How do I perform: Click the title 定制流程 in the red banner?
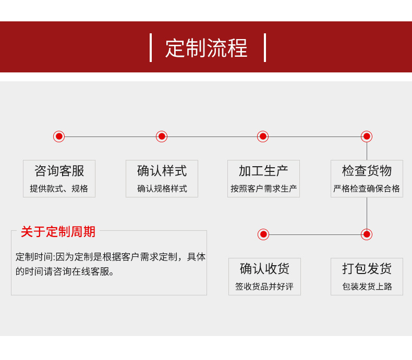click(x=207, y=48)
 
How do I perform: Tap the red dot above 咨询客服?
click(x=59, y=136)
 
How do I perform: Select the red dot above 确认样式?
click(x=162, y=136)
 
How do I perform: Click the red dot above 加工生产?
click(x=263, y=136)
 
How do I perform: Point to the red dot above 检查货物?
click(x=367, y=136)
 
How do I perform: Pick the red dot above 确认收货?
click(x=263, y=234)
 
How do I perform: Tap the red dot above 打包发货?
click(x=367, y=234)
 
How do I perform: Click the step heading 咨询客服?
click(x=59, y=171)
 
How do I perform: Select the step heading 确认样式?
click(x=162, y=171)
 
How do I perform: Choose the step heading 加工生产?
click(x=263, y=171)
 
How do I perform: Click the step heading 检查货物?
click(x=367, y=171)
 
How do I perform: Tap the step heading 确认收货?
click(x=264, y=269)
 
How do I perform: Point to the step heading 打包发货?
click(x=367, y=269)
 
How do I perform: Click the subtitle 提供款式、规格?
click(x=59, y=189)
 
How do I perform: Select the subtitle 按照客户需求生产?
click(x=263, y=189)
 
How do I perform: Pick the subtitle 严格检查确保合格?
click(x=367, y=189)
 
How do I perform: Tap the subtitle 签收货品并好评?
click(x=264, y=287)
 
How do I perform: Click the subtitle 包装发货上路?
click(x=367, y=287)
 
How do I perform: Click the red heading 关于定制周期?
click(x=58, y=232)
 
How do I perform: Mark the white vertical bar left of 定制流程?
click(x=151, y=47)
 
